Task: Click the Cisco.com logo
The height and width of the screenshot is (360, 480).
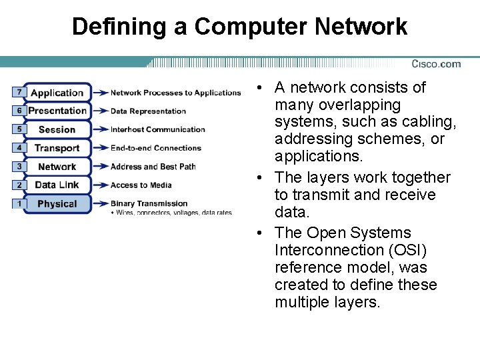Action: tap(436, 64)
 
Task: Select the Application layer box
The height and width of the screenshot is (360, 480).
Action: tap(57, 93)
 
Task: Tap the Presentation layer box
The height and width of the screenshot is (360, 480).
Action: tap(57, 111)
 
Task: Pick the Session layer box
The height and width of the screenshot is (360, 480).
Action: tap(57, 129)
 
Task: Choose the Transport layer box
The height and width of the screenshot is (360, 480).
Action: tap(57, 148)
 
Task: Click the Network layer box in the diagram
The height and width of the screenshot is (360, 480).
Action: tap(57, 167)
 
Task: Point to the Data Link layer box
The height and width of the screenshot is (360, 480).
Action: tap(57, 185)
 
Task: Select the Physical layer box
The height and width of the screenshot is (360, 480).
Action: tap(57, 203)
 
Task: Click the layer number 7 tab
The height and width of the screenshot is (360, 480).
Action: tap(19, 91)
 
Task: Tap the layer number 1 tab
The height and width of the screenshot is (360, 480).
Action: tap(19, 203)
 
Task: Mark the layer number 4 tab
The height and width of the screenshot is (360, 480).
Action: tap(19, 147)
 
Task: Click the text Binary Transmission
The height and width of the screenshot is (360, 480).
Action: tap(149, 203)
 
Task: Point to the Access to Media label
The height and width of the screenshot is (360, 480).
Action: tap(141, 185)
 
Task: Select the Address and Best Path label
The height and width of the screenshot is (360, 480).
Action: tap(153, 167)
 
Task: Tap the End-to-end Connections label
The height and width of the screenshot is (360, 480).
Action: tap(155, 148)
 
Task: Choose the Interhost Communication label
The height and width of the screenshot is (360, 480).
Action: tap(157, 129)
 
